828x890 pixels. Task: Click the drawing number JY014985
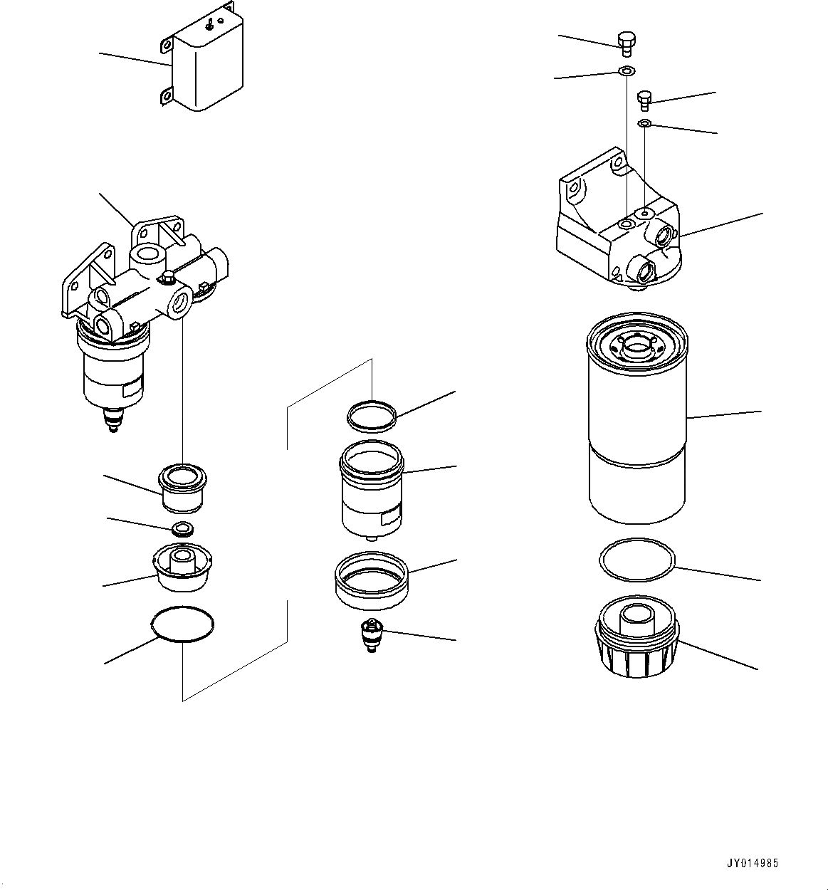pyautogui.click(x=753, y=863)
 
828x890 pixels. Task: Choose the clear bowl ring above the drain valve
pyautogui.click(x=371, y=580)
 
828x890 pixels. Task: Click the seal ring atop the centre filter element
pyautogui.click(x=372, y=417)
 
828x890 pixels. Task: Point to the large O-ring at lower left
pyautogui.click(x=183, y=624)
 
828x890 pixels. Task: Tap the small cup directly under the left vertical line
pyautogui.click(x=183, y=488)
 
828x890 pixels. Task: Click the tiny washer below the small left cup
pyautogui.click(x=183, y=529)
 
